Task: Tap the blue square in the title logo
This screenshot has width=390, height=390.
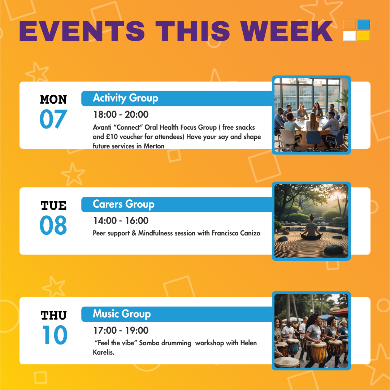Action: tap(364, 25)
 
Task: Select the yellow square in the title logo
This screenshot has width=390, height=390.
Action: tap(364, 36)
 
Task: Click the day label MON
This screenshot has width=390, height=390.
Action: tap(53, 100)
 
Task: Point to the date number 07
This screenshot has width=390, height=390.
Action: tap(53, 119)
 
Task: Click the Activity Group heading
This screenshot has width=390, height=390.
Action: tap(126, 98)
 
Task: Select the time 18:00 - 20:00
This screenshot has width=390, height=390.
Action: tap(121, 114)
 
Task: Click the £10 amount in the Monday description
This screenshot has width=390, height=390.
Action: tap(112, 136)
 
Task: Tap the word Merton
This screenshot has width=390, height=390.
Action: tap(154, 146)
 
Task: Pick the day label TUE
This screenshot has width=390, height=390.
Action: tap(53, 205)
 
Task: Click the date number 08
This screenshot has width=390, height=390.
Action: tap(53, 225)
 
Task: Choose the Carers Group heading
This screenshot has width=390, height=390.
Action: tap(123, 204)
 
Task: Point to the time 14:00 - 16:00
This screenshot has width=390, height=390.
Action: tap(121, 221)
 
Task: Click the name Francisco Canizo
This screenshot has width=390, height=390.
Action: tap(236, 233)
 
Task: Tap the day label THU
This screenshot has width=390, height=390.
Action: tap(53, 315)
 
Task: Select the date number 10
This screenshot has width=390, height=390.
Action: tap(55, 335)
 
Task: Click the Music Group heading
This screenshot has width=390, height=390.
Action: tap(122, 314)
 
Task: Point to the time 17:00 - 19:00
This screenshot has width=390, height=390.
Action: tap(121, 330)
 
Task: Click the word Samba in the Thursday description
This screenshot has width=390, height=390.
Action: tap(149, 343)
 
